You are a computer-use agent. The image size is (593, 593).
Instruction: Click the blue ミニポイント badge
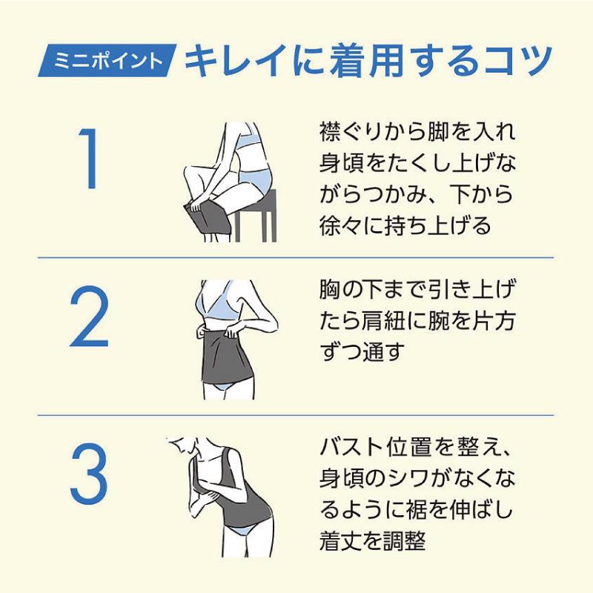point(107,61)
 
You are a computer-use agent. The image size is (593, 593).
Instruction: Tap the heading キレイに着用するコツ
point(368,61)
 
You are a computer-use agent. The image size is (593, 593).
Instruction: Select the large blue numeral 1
point(90,159)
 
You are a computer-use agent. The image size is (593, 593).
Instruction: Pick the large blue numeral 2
point(89,317)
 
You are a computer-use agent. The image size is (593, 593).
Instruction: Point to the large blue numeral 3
point(89,474)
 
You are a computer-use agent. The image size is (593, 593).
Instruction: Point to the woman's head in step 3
point(181,445)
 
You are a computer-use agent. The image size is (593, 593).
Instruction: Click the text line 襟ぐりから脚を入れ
point(417,132)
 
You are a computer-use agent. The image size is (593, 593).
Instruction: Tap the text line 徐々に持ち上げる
point(405,225)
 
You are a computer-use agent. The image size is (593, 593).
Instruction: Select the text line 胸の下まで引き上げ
point(417,289)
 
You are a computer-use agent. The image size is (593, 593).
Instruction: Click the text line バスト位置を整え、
point(416,447)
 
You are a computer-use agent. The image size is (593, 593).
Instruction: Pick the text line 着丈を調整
point(373,541)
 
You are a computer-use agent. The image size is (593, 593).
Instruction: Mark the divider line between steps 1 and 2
point(295,258)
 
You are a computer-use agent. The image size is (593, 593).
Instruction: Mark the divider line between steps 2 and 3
point(295,415)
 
